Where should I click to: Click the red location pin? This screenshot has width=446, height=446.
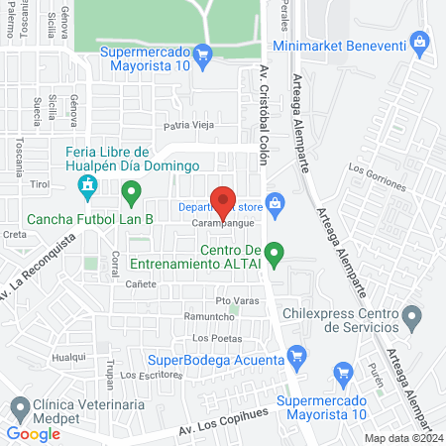pos(224,202)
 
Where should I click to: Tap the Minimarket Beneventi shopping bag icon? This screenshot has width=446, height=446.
pos(420,42)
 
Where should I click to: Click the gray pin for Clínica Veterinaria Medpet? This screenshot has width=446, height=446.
pos(19,406)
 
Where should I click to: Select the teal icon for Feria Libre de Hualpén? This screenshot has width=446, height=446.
pos(88,184)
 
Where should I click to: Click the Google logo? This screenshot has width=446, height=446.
pos(34,433)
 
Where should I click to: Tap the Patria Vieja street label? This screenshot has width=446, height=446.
pos(188,126)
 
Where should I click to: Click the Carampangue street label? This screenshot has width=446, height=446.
pos(220,224)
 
